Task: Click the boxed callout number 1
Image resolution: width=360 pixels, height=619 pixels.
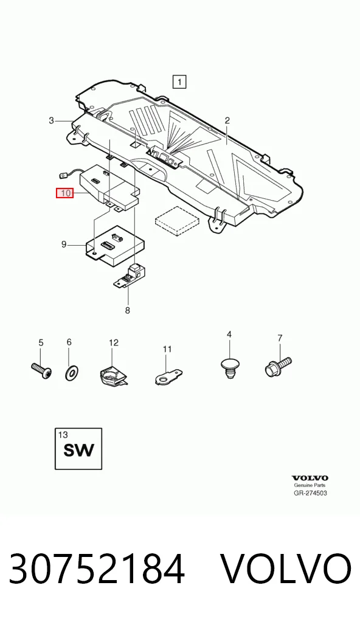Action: (x=179, y=82)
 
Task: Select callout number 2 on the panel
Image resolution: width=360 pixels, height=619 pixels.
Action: (x=227, y=120)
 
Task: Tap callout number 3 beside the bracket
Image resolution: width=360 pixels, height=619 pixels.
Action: (x=51, y=120)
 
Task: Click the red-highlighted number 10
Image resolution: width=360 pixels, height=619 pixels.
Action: (x=64, y=193)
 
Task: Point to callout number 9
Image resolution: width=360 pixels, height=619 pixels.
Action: (x=64, y=245)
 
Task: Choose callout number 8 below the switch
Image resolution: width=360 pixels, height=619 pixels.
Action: (x=128, y=311)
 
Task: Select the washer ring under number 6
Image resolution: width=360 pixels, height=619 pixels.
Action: (x=71, y=372)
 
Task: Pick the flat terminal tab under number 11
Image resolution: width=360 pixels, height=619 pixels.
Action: (x=168, y=375)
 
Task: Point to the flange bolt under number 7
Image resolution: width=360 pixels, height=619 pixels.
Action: (x=278, y=366)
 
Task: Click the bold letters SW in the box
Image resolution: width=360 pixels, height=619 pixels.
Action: (x=79, y=450)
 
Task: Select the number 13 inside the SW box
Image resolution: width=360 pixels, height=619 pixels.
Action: (x=63, y=435)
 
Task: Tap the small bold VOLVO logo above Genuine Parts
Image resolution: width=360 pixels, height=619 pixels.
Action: (x=310, y=479)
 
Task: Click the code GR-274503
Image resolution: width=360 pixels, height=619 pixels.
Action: (x=310, y=493)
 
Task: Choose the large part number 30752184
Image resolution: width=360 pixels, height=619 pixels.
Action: (x=97, y=569)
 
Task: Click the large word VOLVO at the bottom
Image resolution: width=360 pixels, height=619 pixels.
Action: (x=285, y=569)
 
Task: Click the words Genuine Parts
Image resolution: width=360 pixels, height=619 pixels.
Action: (x=310, y=486)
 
